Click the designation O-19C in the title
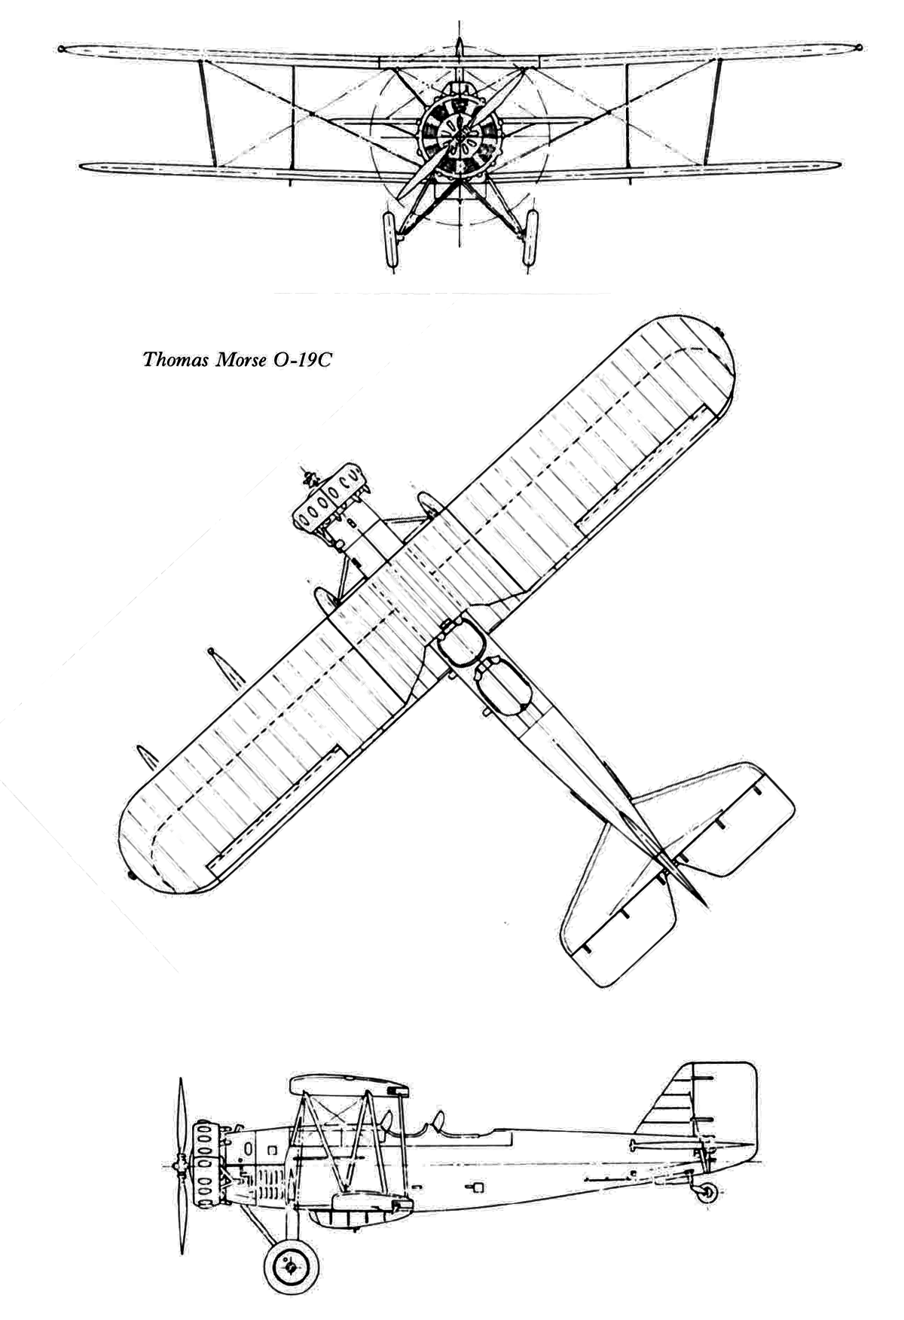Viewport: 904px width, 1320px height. (x=300, y=359)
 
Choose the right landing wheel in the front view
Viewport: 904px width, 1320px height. (x=532, y=238)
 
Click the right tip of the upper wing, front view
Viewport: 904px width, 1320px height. (x=859, y=48)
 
